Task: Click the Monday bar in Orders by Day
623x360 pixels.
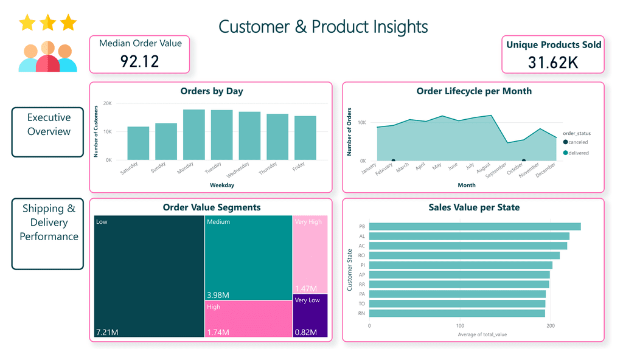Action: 194,135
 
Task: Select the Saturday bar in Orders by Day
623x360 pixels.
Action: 138,144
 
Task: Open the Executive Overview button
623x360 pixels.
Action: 48,125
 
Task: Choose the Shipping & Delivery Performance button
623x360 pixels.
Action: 48,222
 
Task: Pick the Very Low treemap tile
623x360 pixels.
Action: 310,314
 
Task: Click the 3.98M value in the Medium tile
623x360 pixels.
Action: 218,295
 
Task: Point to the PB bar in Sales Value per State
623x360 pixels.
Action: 475,227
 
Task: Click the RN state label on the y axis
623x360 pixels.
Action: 362,314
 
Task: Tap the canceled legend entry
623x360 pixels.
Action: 575,142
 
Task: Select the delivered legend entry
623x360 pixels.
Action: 576,153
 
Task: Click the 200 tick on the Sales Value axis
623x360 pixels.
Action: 551,325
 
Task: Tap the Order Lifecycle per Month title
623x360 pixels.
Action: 473,91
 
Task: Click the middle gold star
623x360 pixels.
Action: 47,23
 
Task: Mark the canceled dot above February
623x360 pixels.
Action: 393,161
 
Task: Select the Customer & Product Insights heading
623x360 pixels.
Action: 323,27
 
